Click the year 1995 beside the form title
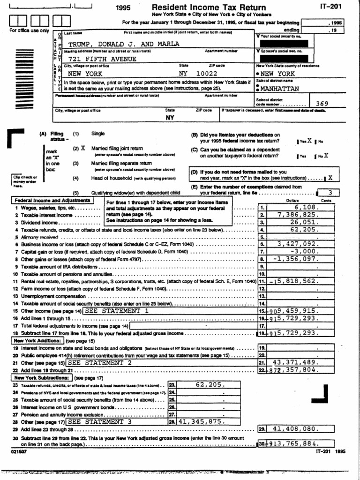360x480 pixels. coord(124,8)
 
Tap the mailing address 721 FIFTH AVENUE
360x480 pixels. coord(103,59)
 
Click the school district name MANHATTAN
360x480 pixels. coord(280,89)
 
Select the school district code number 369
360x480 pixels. coord(322,104)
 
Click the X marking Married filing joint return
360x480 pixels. coord(83,147)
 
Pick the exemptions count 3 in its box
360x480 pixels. coord(330,192)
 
